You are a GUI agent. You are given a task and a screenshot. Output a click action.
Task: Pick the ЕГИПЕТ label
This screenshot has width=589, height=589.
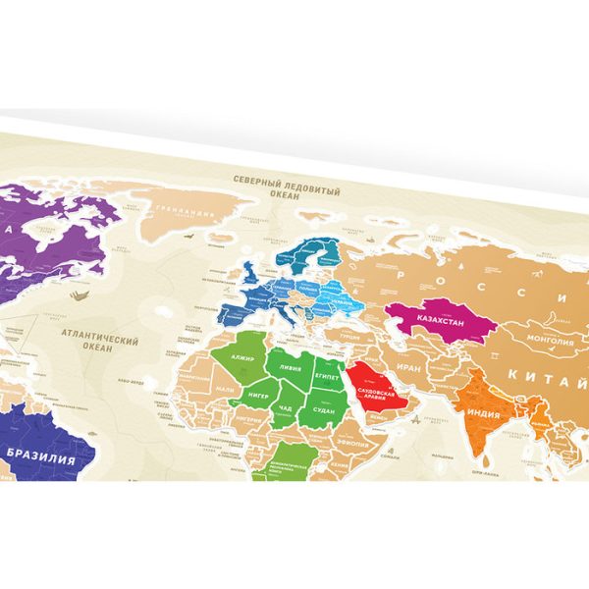click(x=327, y=376)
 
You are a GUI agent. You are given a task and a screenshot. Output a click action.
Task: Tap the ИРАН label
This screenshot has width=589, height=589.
click(x=411, y=370)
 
